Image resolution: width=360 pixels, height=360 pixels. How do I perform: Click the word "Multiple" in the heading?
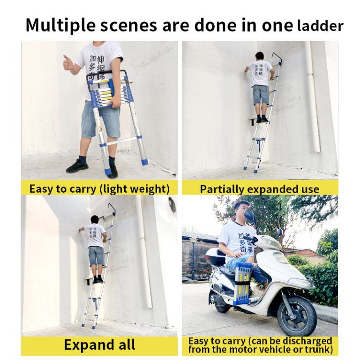click(60, 25)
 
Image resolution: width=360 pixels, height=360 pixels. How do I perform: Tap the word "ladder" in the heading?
click(320, 26)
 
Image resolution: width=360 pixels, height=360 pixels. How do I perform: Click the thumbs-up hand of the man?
click(68, 62)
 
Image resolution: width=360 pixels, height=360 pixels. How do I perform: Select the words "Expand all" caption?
click(99, 345)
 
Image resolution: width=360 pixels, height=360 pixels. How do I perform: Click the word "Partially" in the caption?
click(222, 189)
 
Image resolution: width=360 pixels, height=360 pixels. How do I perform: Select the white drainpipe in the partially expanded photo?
click(312, 97)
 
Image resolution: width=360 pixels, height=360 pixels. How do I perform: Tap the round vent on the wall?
click(172, 205)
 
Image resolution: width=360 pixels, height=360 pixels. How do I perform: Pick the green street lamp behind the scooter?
click(193, 257)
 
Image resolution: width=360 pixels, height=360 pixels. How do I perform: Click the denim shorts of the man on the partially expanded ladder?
click(260, 95)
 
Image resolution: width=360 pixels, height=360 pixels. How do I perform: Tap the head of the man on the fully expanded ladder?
click(94, 219)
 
